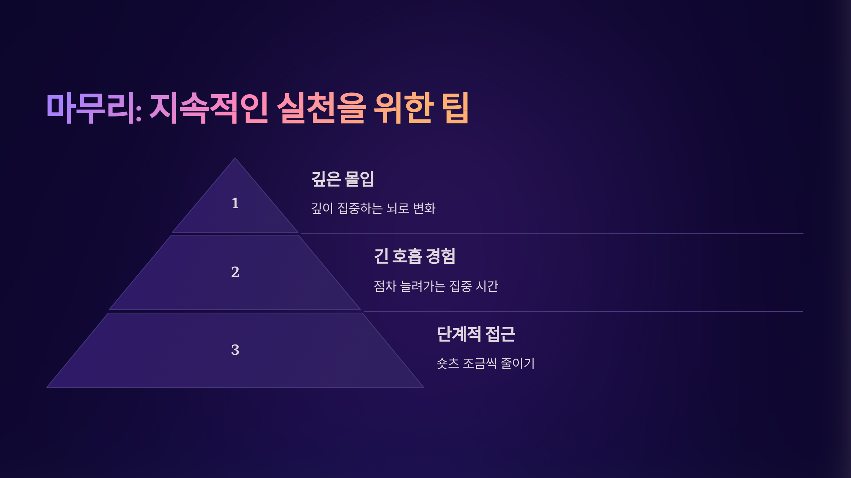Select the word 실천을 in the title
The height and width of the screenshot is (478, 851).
[x=321, y=108]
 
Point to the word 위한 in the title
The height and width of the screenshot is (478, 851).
[x=404, y=108]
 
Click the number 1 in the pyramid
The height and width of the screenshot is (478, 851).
[x=235, y=203]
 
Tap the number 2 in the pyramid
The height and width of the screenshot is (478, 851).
[x=235, y=272]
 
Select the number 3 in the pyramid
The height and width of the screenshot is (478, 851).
[x=235, y=350]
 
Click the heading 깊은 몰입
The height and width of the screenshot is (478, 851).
[x=343, y=179]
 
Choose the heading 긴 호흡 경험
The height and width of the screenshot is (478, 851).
[x=415, y=256]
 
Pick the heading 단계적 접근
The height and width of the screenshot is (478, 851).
[x=476, y=334]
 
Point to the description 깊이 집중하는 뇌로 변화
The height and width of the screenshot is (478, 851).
[x=373, y=208]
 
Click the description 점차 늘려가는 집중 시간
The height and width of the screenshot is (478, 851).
[x=436, y=286]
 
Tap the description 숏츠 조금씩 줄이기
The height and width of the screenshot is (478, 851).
[x=485, y=363]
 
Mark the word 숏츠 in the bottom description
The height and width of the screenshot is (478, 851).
[x=447, y=363]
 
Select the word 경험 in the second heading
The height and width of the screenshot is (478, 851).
[x=440, y=256]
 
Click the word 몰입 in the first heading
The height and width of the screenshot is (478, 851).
[x=359, y=179]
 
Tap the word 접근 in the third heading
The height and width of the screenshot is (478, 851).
[x=500, y=334]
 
